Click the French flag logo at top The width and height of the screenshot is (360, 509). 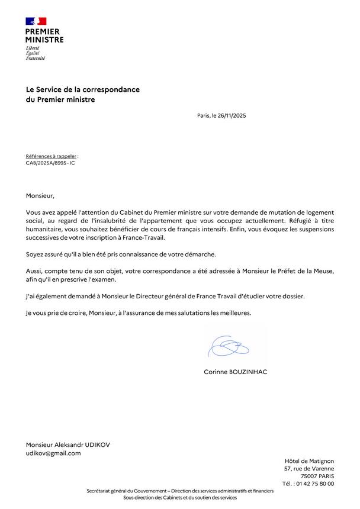click(x=36, y=21)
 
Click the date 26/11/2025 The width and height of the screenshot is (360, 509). click(x=232, y=115)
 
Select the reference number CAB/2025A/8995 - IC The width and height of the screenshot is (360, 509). click(x=50, y=163)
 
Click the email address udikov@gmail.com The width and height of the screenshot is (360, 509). click(x=53, y=453)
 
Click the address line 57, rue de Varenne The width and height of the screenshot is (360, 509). click(x=309, y=468)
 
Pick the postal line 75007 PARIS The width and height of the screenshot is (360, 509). click(x=317, y=476)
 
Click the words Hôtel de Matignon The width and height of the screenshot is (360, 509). click(x=309, y=460)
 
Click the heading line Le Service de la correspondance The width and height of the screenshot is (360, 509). click(x=83, y=89)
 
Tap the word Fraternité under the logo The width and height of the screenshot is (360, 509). click(x=36, y=59)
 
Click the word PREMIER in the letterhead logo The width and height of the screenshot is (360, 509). click(x=43, y=31)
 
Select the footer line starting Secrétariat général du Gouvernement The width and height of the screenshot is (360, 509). click(x=180, y=491)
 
